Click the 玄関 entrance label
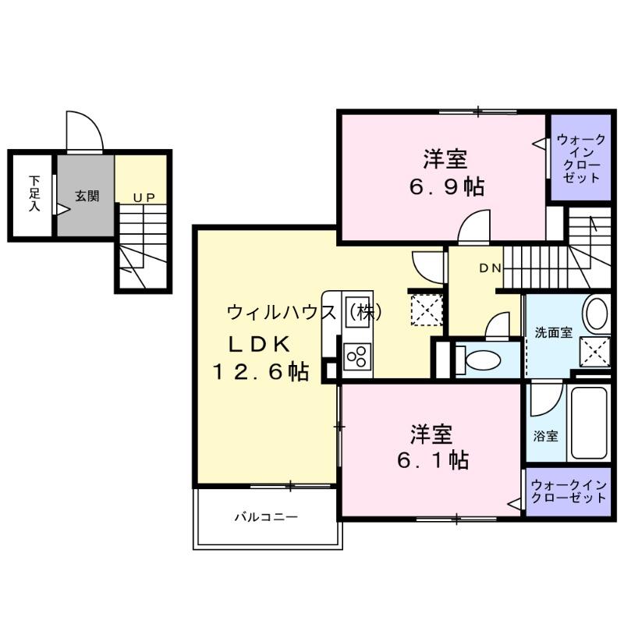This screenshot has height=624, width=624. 87,196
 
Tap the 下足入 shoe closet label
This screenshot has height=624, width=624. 34,193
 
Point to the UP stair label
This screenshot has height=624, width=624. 144,198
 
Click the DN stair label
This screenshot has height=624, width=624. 490,268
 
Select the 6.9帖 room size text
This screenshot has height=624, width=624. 446,187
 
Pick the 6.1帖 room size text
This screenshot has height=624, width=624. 433,460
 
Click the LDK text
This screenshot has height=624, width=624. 259,345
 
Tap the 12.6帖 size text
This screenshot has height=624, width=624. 261,372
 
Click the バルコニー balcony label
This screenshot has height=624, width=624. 266,517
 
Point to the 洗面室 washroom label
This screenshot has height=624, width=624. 553,332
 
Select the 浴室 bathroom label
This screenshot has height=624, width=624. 545,436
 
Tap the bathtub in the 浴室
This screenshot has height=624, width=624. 589,423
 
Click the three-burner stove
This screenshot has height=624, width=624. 357,356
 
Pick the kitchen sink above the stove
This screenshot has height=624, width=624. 357,312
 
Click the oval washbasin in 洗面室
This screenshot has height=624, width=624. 597,314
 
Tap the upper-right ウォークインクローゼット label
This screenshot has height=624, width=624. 581,159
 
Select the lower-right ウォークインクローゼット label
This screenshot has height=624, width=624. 569,491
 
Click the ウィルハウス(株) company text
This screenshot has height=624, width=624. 305,313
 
